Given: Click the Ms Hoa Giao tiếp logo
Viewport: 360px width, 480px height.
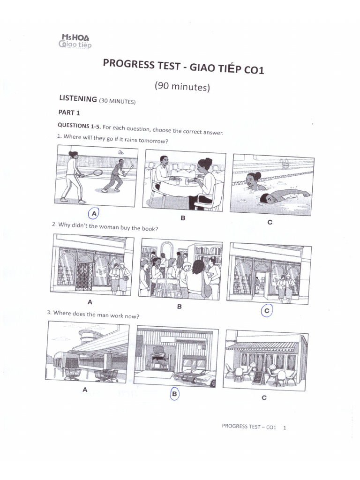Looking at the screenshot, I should point(75,41).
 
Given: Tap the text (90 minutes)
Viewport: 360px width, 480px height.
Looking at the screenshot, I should point(182,87).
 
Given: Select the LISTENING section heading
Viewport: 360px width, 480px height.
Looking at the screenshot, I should point(78,99).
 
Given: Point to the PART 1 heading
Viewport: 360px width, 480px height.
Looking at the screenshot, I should point(69,112).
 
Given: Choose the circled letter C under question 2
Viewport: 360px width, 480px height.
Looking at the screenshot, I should point(267,310).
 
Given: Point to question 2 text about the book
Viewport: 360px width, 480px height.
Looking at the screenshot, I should point(105,226).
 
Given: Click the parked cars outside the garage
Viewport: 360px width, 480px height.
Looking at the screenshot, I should point(195,375).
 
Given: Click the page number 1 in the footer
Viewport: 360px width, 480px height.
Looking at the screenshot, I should point(285,427).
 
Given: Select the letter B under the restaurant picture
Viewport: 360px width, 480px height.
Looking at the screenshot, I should point(183,218).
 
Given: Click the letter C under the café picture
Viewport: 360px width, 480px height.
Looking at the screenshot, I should point(264,398).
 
